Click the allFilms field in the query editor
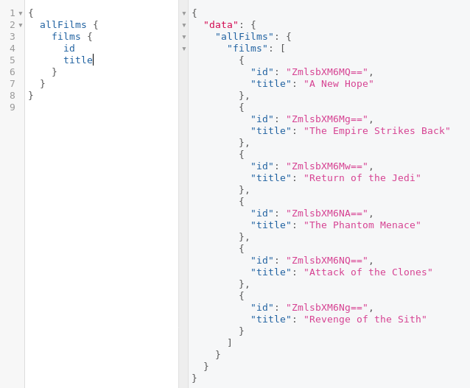pos(63,24)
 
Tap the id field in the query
pos(69,48)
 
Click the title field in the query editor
pos(77,60)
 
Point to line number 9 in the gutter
pos(13,107)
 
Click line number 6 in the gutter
pos(13,71)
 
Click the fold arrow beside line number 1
pos(21,13)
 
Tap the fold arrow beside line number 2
pos(21,25)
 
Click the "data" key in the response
pos(220,24)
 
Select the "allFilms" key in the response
pos(244,36)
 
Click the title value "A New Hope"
pos(338,83)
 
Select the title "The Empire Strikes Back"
pos(376,130)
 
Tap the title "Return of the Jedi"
pos(362,177)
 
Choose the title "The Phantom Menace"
pos(362,225)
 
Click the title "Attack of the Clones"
pos(368,272)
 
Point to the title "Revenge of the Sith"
pos(365,319)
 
